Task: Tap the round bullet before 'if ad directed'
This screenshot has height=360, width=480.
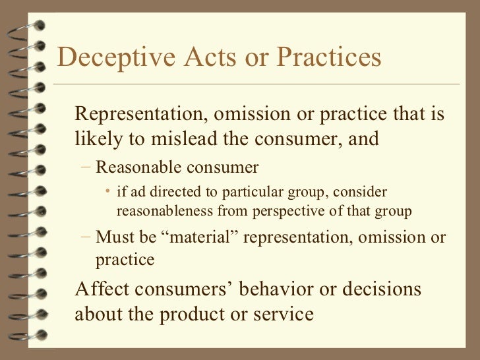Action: (x=107, y=192)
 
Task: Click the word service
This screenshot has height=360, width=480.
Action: (x=278, y=314)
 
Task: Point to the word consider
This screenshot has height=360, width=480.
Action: (x=363, y=192)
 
